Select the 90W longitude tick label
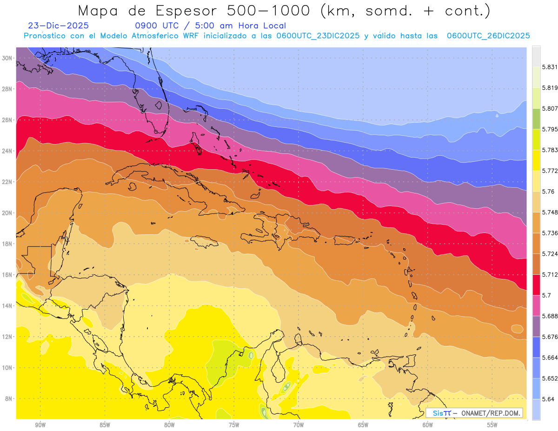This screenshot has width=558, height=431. [40, 425]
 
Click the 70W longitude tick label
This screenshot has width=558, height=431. [299, 425]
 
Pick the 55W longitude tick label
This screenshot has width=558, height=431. [492, 425]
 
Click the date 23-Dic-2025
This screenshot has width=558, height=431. [58, 26]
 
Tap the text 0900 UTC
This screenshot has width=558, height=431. [153, 26]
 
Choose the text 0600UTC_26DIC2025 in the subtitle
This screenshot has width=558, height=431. [488, 36]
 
